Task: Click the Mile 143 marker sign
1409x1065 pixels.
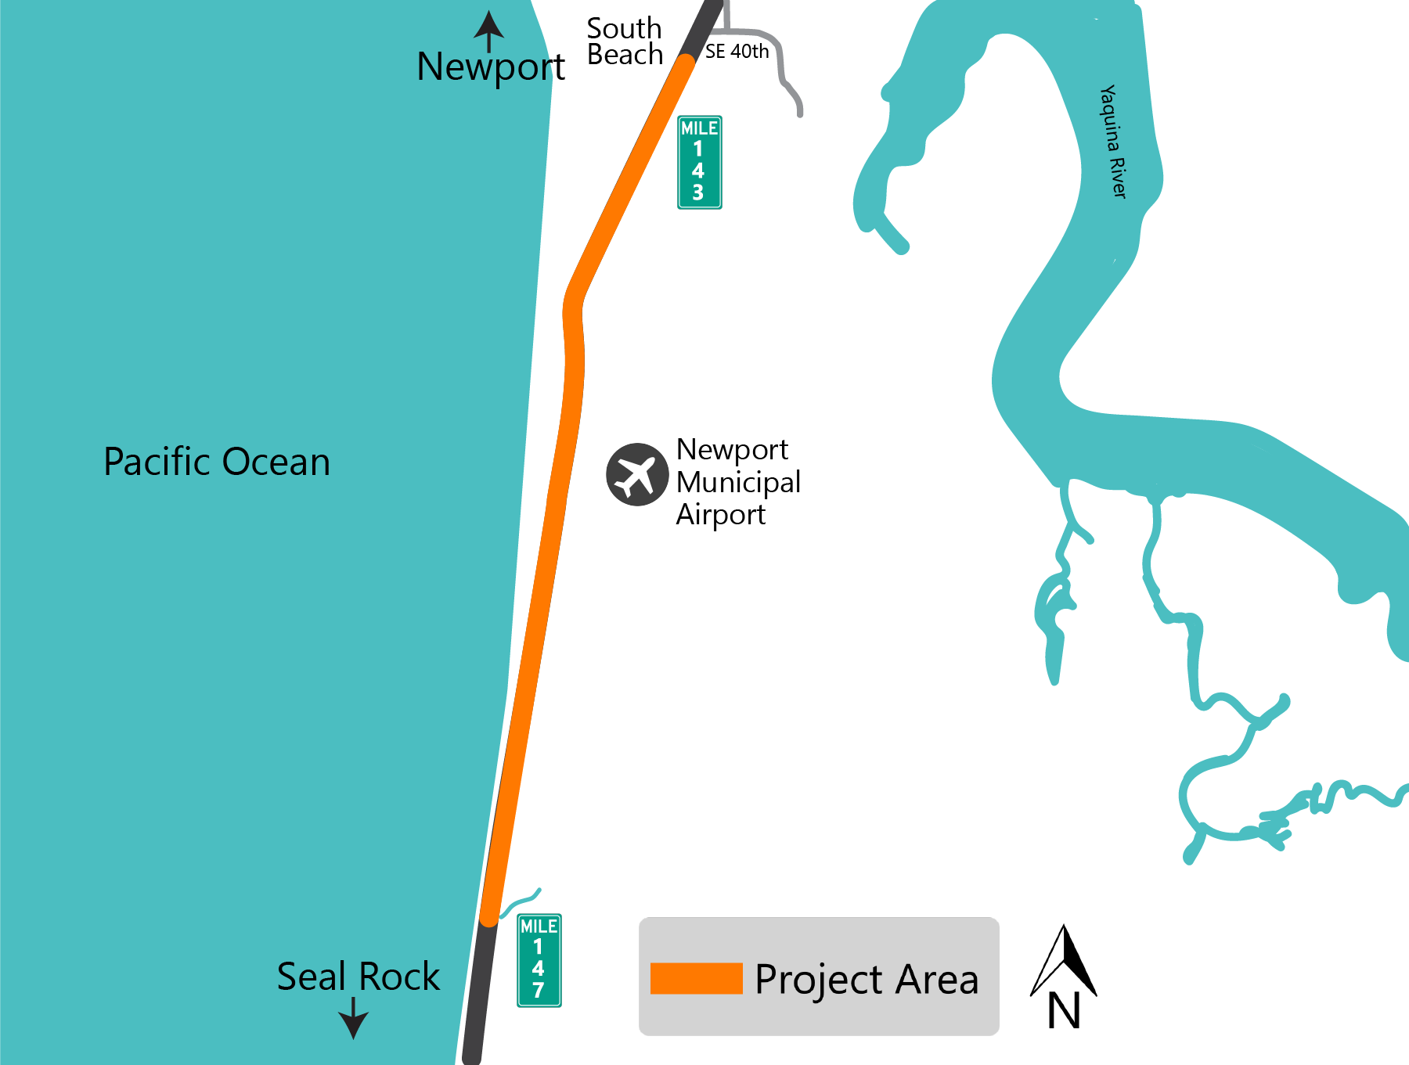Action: click(699, 162)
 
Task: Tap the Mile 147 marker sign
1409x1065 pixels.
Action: click(539, 960)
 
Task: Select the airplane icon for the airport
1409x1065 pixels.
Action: click(637, 474)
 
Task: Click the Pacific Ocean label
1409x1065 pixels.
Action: click(217, 462)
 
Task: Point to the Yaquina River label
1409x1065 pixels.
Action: click(1113, 142)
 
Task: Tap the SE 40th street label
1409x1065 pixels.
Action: click(737, 52)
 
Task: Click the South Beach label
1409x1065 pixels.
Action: click(625, 41)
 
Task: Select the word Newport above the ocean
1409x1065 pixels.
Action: click(491, 67)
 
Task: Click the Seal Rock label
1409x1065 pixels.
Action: click(359, 977)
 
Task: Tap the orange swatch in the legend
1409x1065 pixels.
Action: click(696, 978)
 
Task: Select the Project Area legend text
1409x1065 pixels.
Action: click(867, 979)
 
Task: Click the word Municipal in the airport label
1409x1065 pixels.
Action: click(738, 482)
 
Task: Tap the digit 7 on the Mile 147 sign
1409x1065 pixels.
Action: click(539, 990)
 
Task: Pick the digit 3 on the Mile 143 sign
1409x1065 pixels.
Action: click(698, 192)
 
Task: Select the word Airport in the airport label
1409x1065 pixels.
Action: click(721, 515)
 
